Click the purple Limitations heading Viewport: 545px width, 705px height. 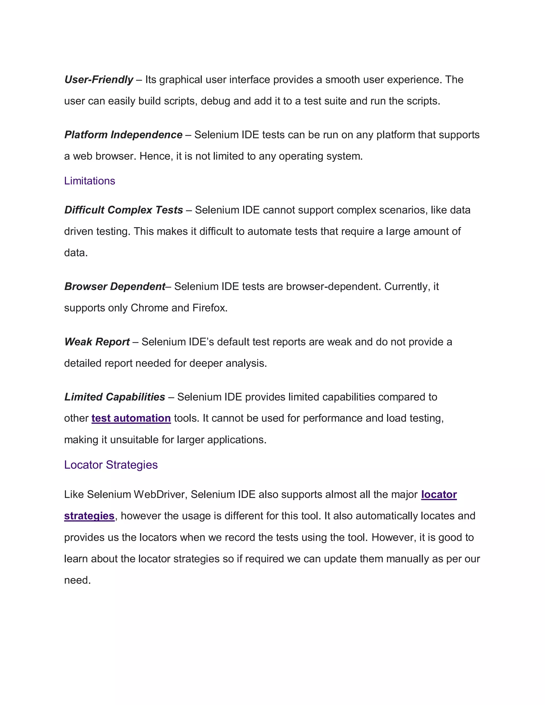coord(89,181)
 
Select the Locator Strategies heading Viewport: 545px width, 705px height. coord(111,465)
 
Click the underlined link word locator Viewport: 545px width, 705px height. coord(439,494)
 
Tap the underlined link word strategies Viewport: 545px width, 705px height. coord(89,516)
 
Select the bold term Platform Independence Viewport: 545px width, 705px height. coord(123,135)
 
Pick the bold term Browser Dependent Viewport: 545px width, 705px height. coord(115,286)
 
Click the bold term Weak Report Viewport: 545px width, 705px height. coord(97,342)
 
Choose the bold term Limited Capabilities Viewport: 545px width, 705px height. coord(115,397)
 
